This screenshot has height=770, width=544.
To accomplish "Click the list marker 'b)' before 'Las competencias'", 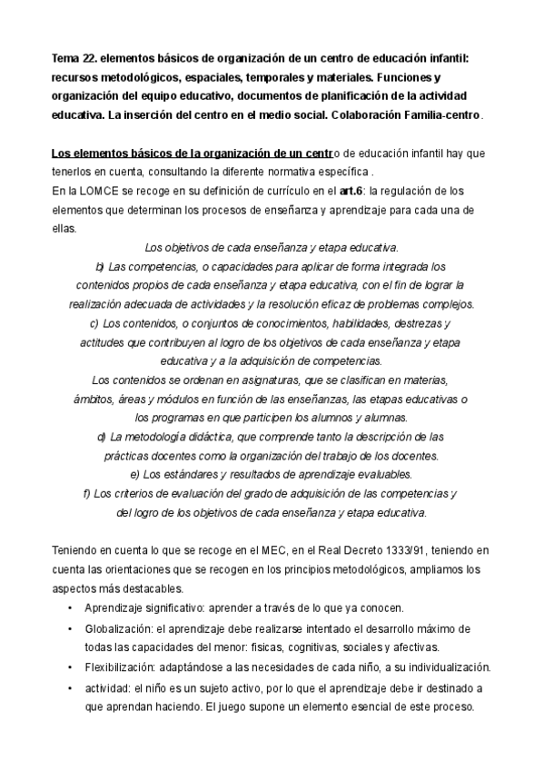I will (x=100, y=266).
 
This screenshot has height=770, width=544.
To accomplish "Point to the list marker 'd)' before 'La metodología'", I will (x=101, y=437).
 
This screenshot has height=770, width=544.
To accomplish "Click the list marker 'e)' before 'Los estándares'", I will (x=135, y=474).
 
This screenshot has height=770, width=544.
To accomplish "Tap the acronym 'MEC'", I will (x=281, y=550).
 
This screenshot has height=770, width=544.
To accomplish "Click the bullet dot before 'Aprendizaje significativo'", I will (x=70, y=608).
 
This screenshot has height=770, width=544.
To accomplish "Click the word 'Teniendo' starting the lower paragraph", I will (x=74, y=550).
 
